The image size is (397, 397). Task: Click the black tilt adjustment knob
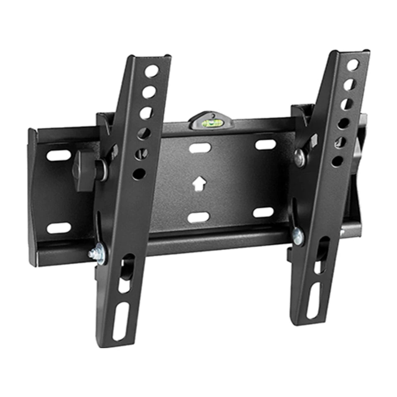85,170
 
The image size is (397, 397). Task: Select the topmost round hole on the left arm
151,71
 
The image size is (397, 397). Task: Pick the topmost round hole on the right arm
353,65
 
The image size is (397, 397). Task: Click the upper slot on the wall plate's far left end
58,155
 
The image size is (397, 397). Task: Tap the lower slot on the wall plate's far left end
58,228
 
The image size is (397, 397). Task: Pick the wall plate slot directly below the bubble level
200,148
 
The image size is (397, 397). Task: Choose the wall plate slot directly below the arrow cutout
199,217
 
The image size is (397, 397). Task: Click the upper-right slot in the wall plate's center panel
265,144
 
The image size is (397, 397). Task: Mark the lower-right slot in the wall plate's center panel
263,213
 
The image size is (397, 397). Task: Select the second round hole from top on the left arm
149,92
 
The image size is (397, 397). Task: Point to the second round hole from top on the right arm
349,84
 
